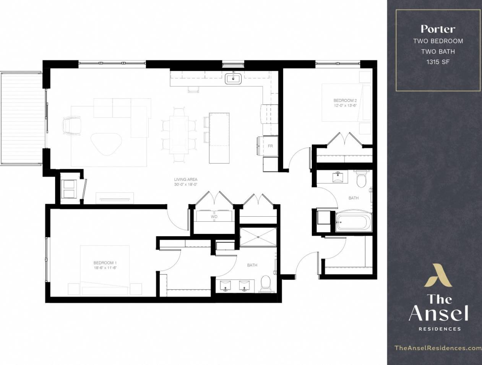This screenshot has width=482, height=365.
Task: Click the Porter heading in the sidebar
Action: pyautogui.click(x=438, y=29)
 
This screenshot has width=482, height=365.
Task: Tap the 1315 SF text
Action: pyautogui.click(x=438, y=62)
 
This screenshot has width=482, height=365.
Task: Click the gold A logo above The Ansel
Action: pyautogui.click(x=438, y=275)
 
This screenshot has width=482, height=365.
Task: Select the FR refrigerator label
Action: pyautogui.click(x=270, y=146)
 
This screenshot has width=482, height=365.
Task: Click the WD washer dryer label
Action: pyautogui.click(x=214, y=217)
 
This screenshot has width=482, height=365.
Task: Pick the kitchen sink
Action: pyautogui.click(x=233, y=79)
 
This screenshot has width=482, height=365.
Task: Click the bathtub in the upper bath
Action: pyautogui.click(x=353, y=221)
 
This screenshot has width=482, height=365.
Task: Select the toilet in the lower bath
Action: pyautogui.click(x=265, y=282)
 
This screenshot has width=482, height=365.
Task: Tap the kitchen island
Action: pyautogui.click(x=219, y=138)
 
